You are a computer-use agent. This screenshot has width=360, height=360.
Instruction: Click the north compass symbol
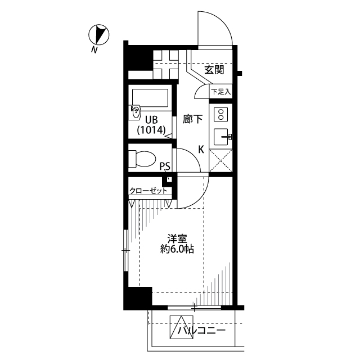99,34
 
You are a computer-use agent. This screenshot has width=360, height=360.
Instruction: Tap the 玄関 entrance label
214,70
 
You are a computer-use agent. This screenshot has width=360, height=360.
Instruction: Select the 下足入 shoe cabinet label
221,92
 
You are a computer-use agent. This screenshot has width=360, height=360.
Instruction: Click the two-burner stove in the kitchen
221,114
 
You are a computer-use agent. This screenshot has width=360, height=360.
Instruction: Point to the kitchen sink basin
220,137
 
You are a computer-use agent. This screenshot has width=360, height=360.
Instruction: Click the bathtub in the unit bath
150,98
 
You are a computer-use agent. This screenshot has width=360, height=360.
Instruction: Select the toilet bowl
142,159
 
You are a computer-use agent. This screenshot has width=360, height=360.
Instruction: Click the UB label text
151,120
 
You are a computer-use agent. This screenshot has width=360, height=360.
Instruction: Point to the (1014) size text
151,130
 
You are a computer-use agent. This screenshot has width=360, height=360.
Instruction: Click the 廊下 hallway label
192,119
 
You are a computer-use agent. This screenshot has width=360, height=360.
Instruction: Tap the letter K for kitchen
201,150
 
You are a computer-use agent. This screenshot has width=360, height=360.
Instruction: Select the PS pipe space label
165,166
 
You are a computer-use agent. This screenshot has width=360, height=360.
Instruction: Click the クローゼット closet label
148,191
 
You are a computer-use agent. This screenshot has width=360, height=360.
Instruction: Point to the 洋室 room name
177,238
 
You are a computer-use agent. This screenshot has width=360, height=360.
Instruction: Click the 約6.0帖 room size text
177,249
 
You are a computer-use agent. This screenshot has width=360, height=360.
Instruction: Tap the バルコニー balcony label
201,331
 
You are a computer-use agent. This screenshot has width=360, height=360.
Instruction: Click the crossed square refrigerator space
221,160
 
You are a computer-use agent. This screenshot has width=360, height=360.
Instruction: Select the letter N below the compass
94,50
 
